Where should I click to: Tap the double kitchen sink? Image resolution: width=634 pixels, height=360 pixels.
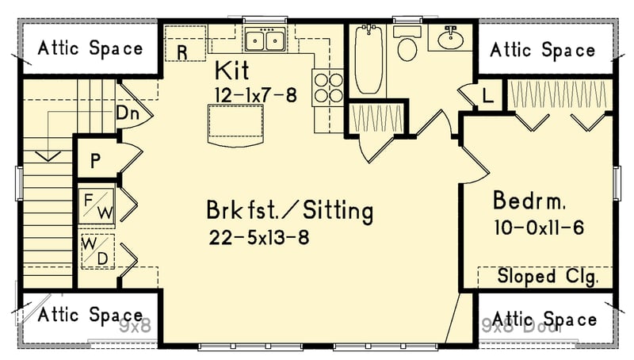pos(265,40)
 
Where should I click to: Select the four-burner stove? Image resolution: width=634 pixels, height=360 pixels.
pos(327,87)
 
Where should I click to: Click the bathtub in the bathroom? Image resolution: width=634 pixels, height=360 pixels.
pos(369,59)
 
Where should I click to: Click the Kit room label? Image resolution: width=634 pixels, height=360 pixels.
pos(231,71)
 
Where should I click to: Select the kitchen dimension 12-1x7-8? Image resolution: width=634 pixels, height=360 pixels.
pos(254,94)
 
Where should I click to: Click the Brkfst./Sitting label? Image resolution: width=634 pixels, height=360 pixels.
pos(289,212)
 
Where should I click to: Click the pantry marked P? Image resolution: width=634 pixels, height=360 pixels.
pos(95,162)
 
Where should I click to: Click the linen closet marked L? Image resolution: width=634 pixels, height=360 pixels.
pos(487,96)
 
